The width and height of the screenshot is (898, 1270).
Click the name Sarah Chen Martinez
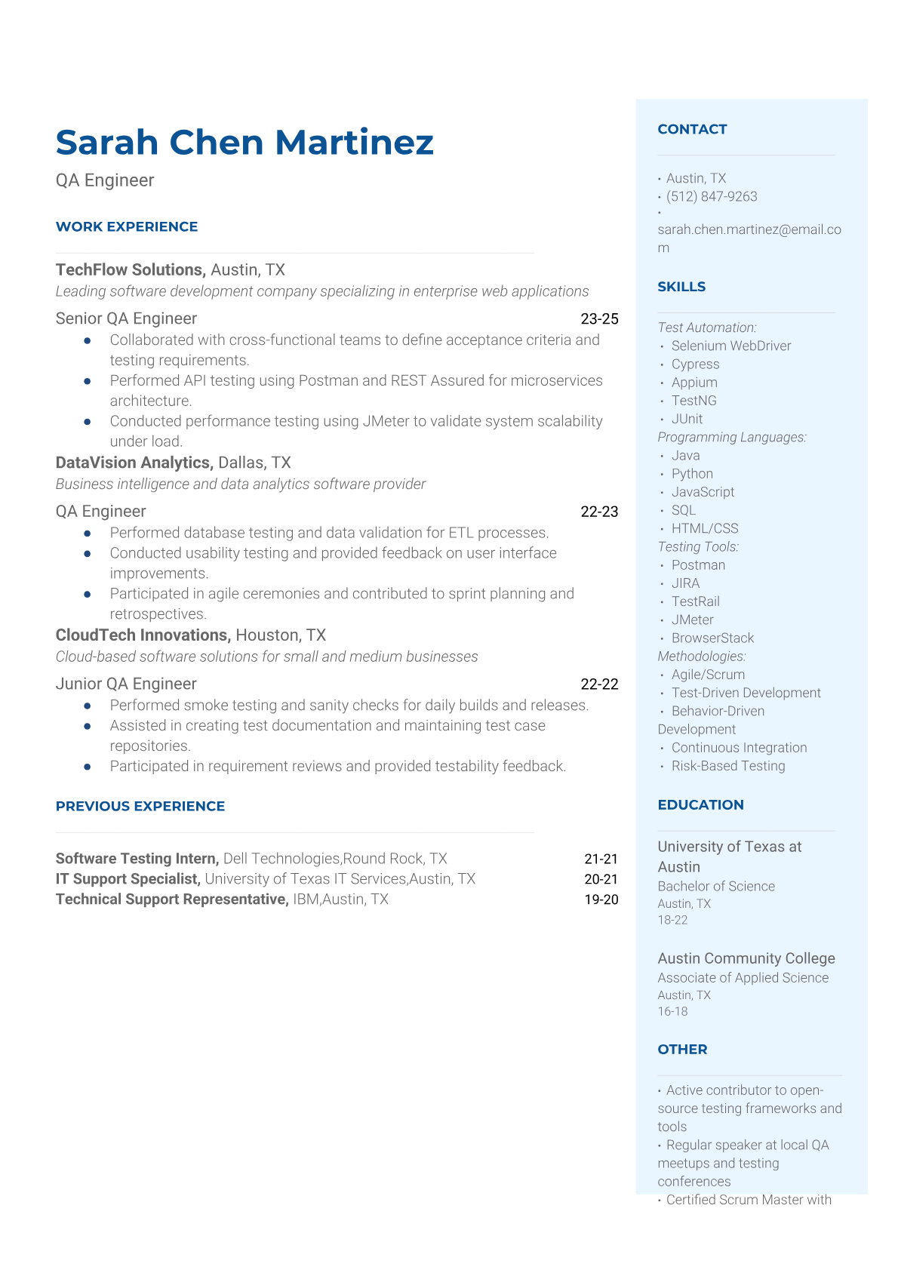tap(244, 143)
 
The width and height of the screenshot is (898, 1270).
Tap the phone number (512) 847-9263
tap(711, 197)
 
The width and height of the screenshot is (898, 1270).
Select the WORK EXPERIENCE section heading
tap(127, 227)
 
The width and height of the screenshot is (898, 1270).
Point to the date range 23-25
tap(599, 319)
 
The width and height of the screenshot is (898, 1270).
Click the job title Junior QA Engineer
tap(126, 684)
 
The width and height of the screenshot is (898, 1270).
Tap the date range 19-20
tap(601, 900)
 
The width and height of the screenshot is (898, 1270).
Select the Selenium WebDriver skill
tap(730, 346)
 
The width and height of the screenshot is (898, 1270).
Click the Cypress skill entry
tap(695, 364)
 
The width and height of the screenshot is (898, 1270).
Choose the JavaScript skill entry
tap(703, 492)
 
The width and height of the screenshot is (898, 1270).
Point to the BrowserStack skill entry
tap(712, 638)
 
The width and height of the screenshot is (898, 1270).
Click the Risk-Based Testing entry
tap(727, 767)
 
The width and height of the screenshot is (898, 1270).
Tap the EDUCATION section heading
tap(700, 805)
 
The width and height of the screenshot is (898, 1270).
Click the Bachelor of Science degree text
tap(715, 887)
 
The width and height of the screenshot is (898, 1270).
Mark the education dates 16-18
tap(672, 1012)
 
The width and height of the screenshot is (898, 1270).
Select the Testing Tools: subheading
tap(698, 547)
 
